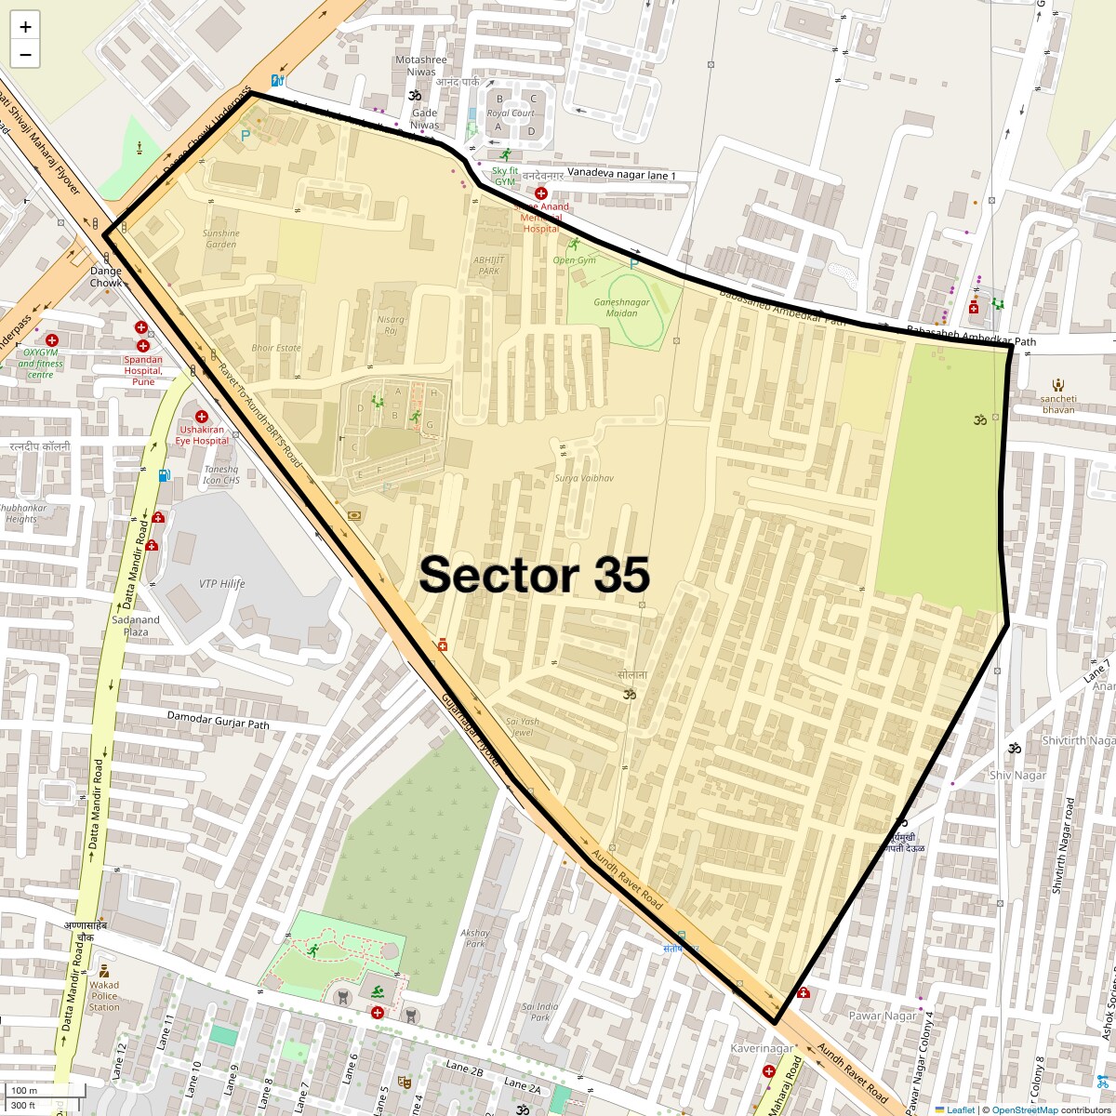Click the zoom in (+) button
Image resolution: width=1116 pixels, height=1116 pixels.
click(x=25, y=27)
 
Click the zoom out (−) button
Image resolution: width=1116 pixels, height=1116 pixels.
click(x=25, y=55)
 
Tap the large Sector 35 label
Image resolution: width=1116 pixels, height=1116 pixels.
click(x=534, y=575)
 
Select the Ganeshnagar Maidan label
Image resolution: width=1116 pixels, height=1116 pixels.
click(x=621, y=308)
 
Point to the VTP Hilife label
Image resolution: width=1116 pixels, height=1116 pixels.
click(x=221, y=584)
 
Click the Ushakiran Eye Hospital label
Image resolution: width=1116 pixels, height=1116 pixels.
click(x=204, y=435)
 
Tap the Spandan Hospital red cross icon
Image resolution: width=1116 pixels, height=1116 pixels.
click(x=141, y=327)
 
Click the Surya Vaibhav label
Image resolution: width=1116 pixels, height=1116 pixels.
click(x=584, y=478)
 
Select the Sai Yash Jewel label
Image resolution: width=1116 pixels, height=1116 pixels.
click(x=522, y=726)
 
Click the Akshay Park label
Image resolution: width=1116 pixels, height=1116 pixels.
click(x=475, y=937)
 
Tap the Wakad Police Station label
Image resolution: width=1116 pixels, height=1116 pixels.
click(x=104, y=995)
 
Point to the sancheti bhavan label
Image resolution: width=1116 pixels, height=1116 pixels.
click(x=1058, y=404)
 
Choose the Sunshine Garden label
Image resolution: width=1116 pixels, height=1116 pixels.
click(x=220, y=239)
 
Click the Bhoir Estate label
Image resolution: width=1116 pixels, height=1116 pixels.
click(x=276, y=348)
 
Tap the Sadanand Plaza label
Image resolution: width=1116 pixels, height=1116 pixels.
click(x=136, y=626)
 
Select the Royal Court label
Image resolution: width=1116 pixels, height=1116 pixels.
click(x=511, y=113)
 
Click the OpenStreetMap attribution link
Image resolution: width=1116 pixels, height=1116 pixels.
click(x=1024, y=1109)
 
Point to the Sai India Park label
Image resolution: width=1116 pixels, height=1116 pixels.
click(x=539, y=1012)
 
